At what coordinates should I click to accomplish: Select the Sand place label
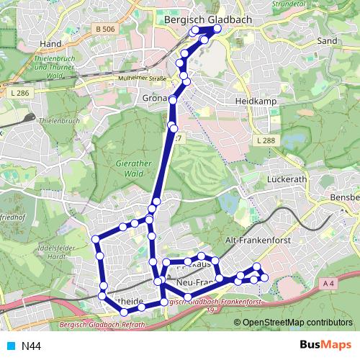327,41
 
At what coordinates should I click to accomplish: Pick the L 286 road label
20,94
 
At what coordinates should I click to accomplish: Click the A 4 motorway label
329,284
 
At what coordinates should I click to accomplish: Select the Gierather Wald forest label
134,168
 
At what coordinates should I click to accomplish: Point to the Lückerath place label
287,178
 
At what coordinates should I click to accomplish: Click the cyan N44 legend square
11,346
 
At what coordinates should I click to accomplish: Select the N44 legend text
31,346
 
